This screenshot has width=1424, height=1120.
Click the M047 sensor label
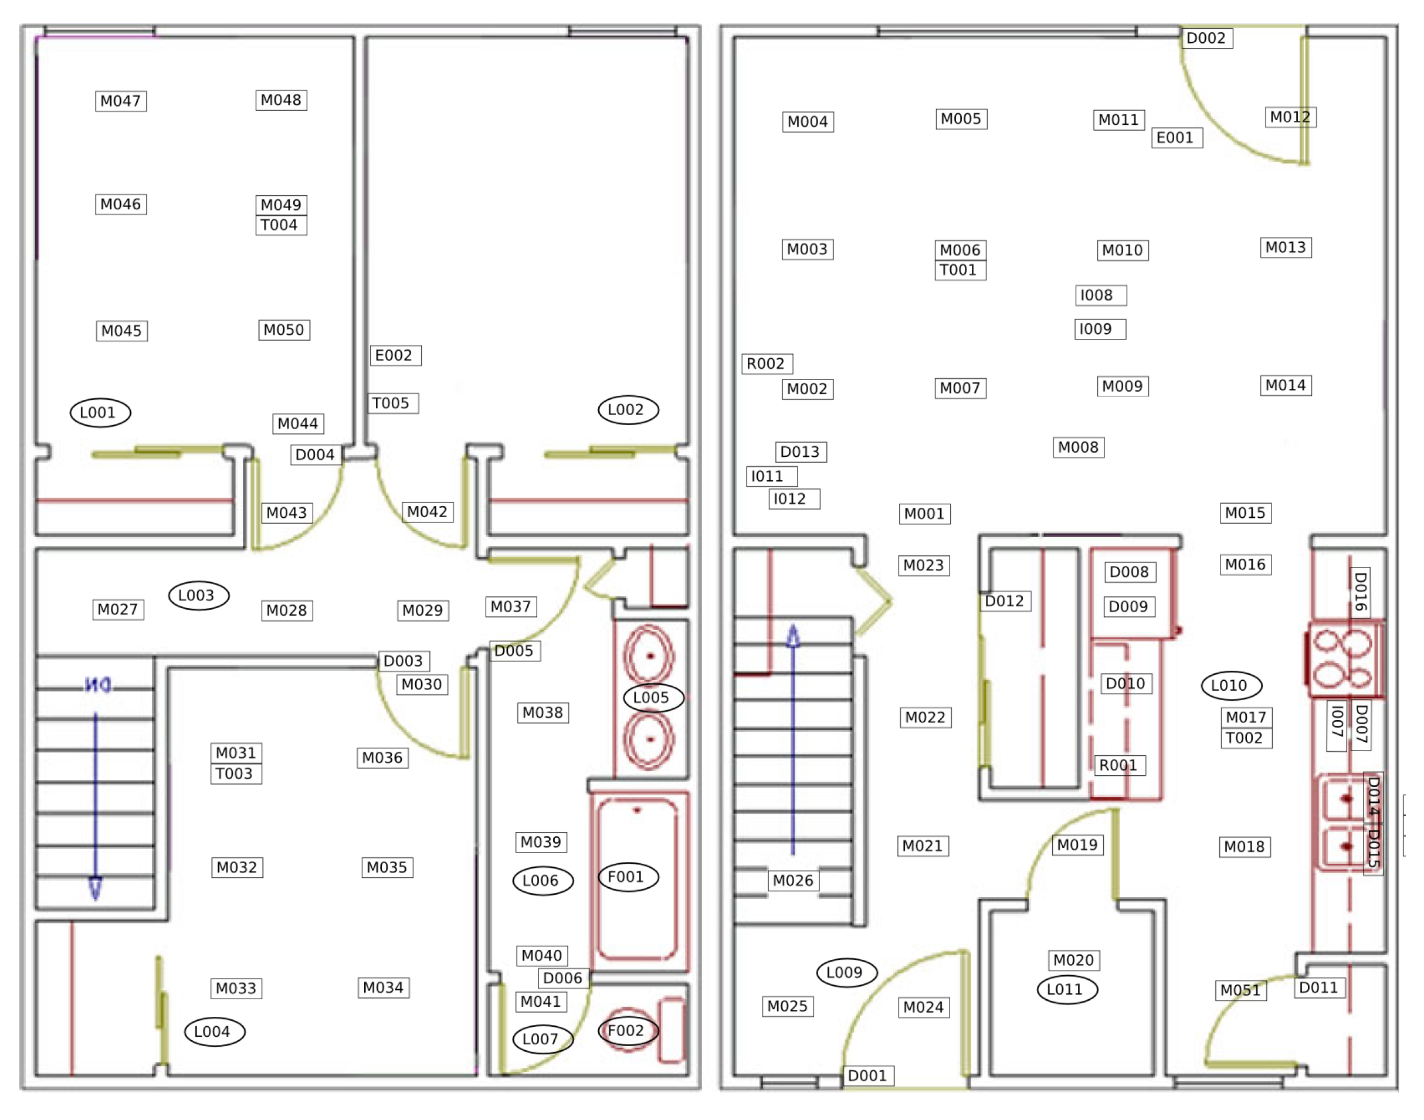121,101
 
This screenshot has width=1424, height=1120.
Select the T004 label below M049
281,225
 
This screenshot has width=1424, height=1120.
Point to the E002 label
395,355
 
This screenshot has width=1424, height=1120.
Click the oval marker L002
628,410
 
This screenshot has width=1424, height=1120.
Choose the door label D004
316,454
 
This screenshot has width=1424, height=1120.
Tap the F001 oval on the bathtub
628,877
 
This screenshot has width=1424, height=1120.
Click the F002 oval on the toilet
628,1030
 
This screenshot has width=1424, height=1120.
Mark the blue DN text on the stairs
98,685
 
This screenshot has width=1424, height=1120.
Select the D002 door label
1206,38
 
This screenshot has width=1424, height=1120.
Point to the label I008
1101,295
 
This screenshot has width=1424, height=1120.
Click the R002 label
768,364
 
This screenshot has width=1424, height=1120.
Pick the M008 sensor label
1079,447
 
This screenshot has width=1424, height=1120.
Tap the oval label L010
1231,685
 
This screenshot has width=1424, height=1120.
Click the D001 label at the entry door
868,1075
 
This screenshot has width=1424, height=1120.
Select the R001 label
1120,765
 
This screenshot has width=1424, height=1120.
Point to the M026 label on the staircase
793,880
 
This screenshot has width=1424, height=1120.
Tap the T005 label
393,403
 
